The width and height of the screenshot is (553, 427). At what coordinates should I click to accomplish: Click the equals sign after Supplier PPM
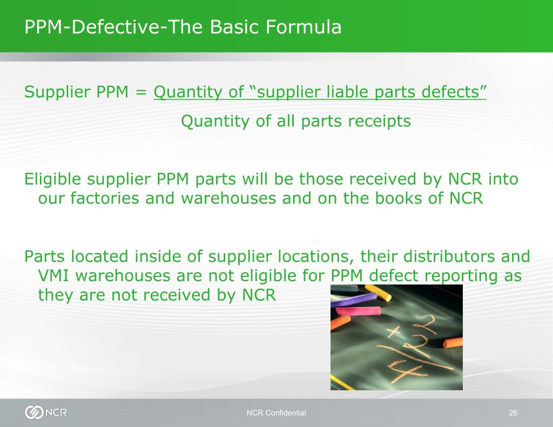point(141,92)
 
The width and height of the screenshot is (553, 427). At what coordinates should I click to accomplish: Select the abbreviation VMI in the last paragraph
point(54,276)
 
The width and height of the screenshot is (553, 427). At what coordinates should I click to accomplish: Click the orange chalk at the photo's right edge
point(452,343)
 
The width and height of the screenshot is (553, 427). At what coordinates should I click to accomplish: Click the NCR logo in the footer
point(46,412)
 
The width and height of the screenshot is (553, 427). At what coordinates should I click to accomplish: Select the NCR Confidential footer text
point(276,413)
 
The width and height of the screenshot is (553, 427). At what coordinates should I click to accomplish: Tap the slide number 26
point(513,413)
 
